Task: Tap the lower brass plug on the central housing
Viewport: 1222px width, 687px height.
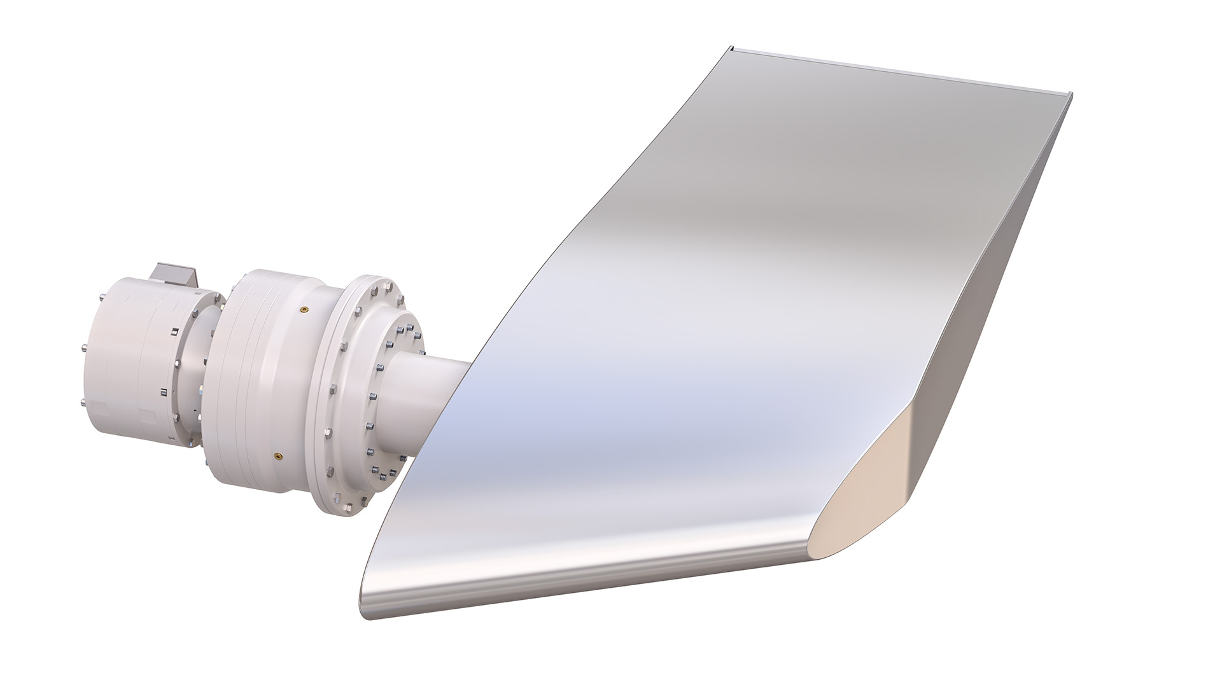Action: [x=277, y=455]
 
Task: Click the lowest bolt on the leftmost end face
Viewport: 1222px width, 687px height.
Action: [x=83, y=402]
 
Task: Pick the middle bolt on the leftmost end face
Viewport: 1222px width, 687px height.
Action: [x=85, y=347]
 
